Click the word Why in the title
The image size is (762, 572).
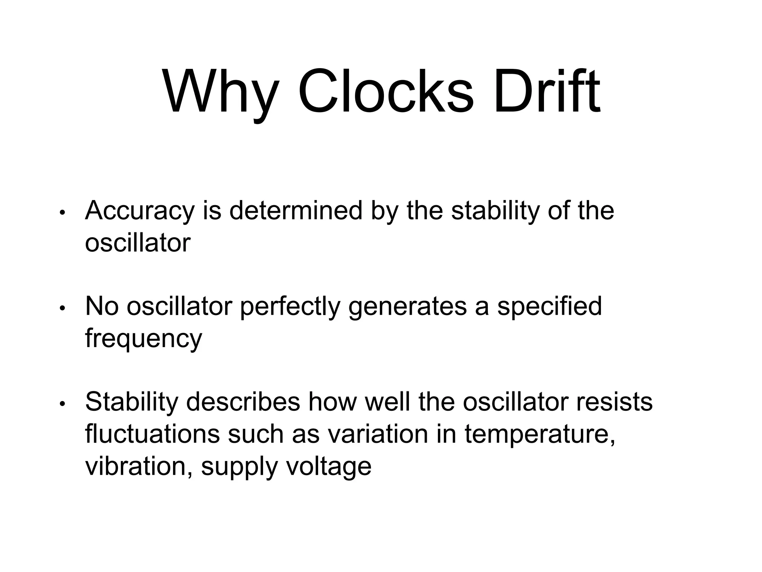[x=221, y=91]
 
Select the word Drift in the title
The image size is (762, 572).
[x=547, y=91]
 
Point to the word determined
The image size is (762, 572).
[x=296, y=210]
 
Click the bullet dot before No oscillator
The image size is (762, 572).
[x=63, y=308]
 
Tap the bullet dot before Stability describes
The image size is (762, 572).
[x=63, y=404]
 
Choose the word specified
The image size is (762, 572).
[x=550, y=306]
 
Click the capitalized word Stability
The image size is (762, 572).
[x=132, y=402]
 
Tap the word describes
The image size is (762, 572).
[x=243, y=402]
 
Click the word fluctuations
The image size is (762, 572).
[x=153, y=434]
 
